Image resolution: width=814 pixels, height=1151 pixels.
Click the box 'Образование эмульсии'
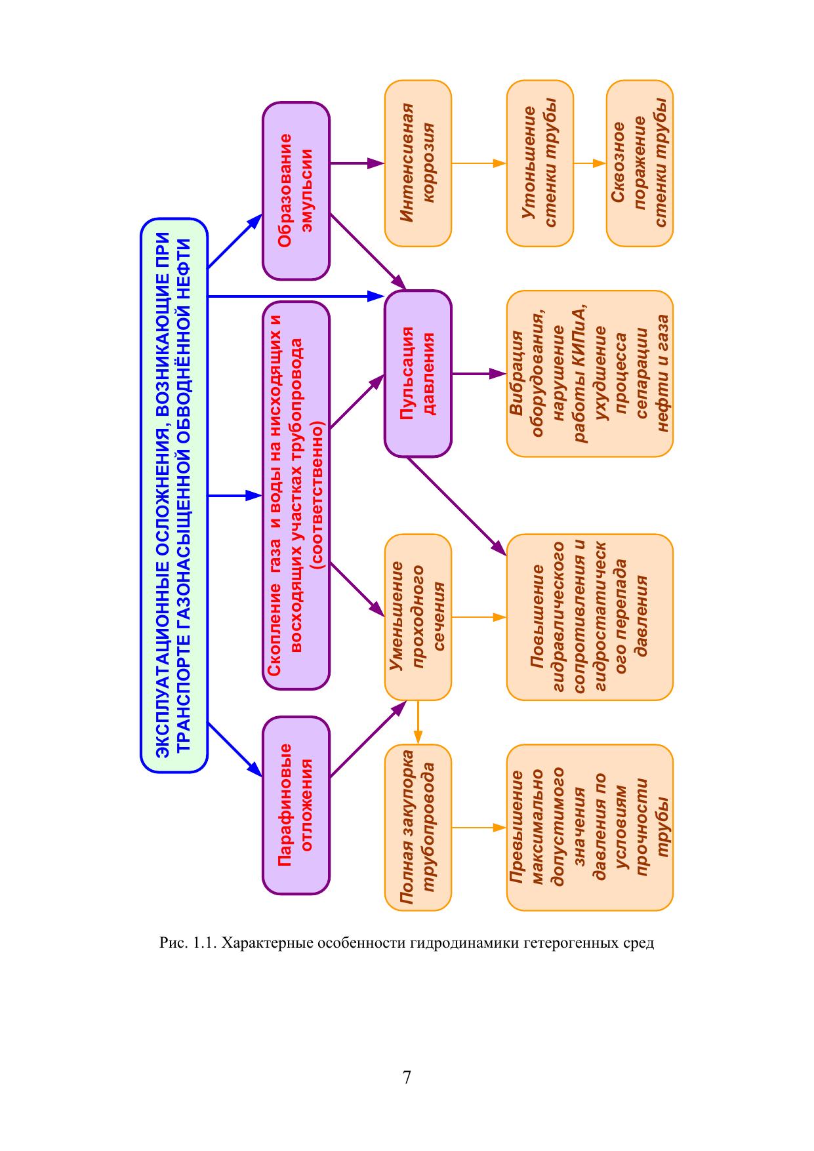point(296,190)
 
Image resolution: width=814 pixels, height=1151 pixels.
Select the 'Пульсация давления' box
point(418,373)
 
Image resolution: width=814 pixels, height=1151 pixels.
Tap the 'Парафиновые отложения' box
point(296,805)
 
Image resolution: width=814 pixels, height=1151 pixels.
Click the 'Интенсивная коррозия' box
point(418,163)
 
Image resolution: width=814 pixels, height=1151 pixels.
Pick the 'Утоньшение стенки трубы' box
point(540,163)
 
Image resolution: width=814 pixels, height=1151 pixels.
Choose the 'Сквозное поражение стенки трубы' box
point(640,163)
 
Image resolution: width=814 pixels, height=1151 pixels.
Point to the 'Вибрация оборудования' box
point(589,373)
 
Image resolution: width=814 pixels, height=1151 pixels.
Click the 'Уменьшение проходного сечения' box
point(418,616)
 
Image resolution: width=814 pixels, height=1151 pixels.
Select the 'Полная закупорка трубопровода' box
point(418,828)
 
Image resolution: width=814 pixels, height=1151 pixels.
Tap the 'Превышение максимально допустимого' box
point(589,828)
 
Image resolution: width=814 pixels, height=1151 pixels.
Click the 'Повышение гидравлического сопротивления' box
point(589,616)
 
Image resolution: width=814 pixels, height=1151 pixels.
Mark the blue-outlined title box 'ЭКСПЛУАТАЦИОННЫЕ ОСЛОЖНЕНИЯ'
point(174,495)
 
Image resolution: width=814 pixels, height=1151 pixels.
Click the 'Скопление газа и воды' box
point(296,495)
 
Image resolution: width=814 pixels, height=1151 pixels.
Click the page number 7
point(407,1077)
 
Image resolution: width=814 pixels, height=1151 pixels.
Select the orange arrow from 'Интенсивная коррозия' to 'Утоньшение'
point(479,163)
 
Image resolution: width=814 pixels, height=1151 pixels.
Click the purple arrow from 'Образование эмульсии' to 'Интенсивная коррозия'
point(357,163)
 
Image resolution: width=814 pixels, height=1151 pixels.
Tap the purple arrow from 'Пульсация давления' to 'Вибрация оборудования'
point(479,374)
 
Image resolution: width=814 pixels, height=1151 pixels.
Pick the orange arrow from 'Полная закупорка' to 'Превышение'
point(479,828)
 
